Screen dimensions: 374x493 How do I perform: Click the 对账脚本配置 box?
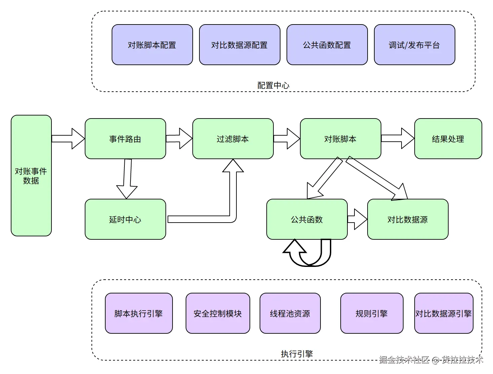(152, 45)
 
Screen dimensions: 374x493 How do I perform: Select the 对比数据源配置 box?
(239, 45)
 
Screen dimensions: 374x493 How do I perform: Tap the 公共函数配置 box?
(327, 45)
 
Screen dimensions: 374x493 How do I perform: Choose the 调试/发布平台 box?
(414, 45)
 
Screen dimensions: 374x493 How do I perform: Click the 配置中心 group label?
(273, 85)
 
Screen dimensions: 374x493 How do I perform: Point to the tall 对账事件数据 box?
(31, 176)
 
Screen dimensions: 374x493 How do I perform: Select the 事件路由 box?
(125, 139)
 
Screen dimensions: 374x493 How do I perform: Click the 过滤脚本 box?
(233, 139)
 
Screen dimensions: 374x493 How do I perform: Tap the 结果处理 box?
(448, 139)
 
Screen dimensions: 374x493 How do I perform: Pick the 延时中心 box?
(125, 219)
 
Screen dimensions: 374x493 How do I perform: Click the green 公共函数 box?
(307, 219)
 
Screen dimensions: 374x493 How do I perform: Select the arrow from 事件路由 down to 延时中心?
(127, 178)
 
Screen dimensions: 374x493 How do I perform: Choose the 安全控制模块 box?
(218, 313)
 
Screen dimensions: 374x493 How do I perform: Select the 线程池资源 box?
(290, 313)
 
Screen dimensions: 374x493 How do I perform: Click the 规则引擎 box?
(372, 313)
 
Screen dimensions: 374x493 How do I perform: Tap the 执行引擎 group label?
(297, 354)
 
